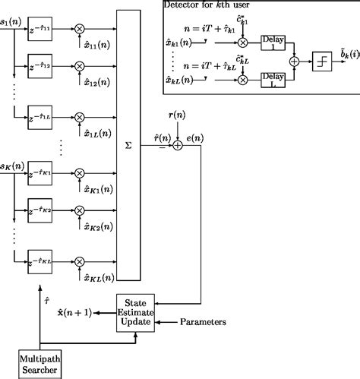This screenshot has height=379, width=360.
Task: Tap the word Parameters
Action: coord(203,322)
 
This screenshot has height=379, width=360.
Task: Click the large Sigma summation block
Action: coord(128,144)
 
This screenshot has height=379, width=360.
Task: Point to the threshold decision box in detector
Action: coord(322,61)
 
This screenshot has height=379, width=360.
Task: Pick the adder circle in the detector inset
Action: coord(294,61)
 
